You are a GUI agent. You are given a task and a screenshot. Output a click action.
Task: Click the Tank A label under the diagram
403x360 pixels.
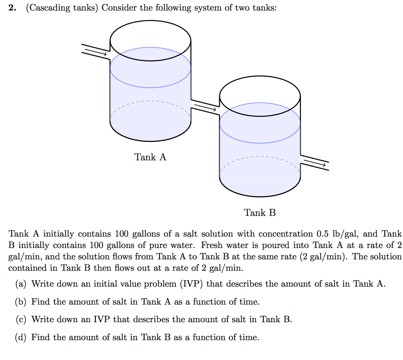click(150, 157)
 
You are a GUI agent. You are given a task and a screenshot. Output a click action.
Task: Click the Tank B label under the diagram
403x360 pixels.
click(260, 213)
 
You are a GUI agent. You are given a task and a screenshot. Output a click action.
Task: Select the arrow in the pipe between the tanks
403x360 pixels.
click(205, 107)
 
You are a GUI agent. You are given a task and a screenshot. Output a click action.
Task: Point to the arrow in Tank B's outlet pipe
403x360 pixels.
click(315, 163)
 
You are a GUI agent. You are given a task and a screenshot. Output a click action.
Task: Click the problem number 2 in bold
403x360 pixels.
click(12, 8)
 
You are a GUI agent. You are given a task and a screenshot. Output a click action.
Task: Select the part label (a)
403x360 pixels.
click(21, 284)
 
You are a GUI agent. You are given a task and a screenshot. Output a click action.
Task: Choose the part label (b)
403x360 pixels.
click(21, 302)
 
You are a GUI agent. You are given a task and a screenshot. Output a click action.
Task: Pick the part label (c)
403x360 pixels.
click(21, 320)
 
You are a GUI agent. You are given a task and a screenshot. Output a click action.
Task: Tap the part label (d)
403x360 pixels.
click(21, 338)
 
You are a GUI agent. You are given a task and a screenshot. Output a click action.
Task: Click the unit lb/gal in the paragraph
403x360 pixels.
click(346, 234)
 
